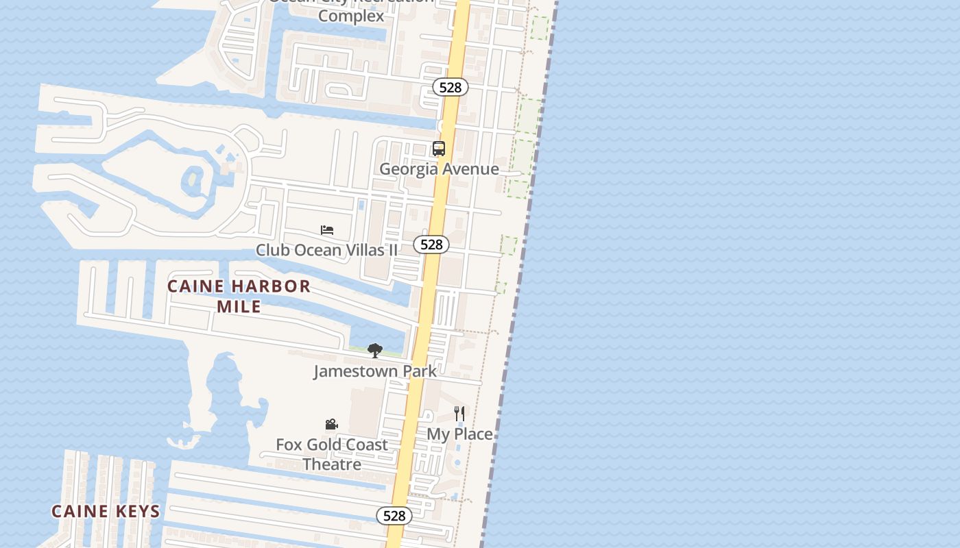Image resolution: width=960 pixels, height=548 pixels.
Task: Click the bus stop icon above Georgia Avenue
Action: (439, 148)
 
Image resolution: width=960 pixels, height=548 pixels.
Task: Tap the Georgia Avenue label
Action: (439, 169)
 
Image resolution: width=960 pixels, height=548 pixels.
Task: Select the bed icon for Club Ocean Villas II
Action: (327, 230)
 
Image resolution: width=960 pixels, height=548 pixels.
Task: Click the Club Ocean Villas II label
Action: (326, 250)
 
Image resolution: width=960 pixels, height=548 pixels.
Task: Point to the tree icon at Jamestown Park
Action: (374, 351)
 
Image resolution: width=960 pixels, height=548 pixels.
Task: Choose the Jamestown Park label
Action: (374, 371)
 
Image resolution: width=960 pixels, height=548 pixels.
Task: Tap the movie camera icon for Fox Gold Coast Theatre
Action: (331, 425)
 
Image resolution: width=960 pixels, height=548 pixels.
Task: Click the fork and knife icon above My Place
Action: (459, 414)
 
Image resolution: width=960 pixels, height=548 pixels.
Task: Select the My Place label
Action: (459, 434)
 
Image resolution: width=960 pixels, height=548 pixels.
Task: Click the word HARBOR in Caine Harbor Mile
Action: (272, 286)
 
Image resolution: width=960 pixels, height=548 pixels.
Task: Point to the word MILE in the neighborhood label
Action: (239, 306)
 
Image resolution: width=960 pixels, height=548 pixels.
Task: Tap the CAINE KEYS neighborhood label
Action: (106, 511)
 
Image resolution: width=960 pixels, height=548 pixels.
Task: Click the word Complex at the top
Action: (351, 16)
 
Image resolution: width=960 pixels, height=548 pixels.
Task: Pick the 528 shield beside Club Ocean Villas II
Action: (431, 245)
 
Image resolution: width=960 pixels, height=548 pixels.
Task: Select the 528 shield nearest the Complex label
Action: (451, 87)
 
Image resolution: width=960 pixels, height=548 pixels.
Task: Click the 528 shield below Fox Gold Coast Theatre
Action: (394, 516)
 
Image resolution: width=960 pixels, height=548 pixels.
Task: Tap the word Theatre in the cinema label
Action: (332, 464)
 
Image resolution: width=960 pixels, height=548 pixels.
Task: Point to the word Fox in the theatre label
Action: (289, 445)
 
